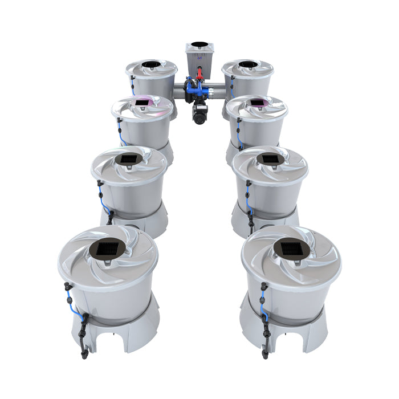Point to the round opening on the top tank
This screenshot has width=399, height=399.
[x=198, y=44]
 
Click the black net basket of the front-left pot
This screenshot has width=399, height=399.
[x=107, y=249]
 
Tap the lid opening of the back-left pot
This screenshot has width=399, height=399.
[x=151, y=64]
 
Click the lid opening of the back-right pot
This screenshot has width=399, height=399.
[x=247, y=64]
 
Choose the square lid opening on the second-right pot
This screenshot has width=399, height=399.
[x=257, y=103]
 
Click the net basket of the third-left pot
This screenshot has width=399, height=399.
[x=128, y=158]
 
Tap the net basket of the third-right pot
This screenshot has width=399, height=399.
[x=270, y=158]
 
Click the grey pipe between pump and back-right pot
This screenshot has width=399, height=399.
[x=218, y=91]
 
